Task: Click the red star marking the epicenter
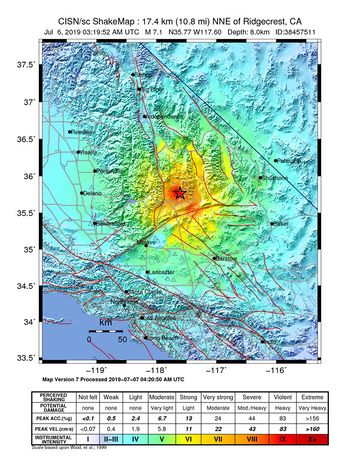coord(179,192)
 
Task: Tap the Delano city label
coord(93,192)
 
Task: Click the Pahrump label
coord(288,160)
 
